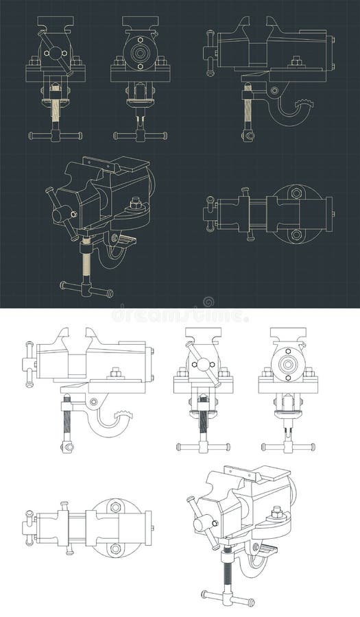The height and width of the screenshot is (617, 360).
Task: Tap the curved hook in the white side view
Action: (x=110, y=426)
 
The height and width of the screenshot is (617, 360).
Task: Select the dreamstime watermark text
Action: (x=180, y=315)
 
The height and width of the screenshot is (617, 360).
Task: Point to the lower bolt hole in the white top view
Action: (x=115, y=548)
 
